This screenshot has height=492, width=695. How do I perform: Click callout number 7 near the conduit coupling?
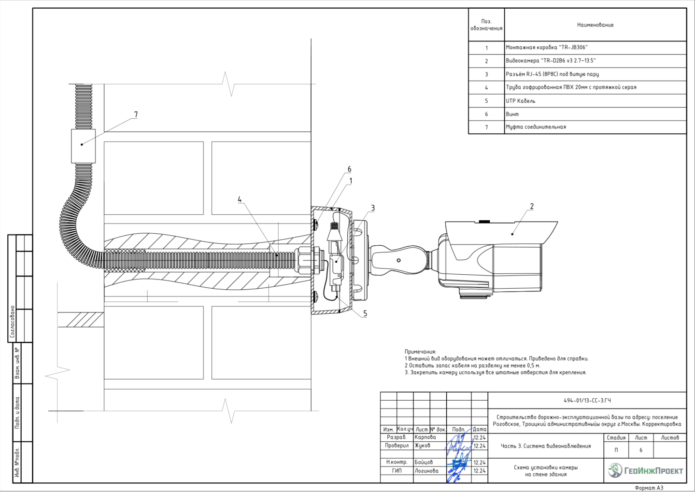(136, 115)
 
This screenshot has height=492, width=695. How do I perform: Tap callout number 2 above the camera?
(532, 207)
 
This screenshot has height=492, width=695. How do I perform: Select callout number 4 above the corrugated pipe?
(240, 199)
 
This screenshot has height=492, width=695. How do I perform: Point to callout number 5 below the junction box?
(365, 314)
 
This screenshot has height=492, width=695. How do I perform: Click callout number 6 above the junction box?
(349, 169)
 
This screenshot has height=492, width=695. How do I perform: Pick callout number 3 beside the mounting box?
(372, 208)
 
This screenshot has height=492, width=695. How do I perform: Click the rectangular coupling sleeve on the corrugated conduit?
(83, 146)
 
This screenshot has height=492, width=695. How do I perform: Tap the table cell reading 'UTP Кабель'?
(521, 101)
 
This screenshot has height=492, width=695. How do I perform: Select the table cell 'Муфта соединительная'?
(536, 127)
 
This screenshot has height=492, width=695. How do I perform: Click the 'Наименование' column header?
(595, 25)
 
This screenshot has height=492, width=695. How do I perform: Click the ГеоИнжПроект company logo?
(645, 470)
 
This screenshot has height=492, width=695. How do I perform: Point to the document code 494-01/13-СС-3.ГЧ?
(587, 401)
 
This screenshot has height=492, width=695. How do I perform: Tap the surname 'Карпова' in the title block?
(425, 437)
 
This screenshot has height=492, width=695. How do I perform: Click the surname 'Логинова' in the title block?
(426, 471)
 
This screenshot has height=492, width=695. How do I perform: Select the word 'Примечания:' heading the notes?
(420, 352)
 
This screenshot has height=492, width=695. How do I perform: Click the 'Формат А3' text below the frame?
(649, 488)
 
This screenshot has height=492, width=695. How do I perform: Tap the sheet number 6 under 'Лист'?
(641, 450)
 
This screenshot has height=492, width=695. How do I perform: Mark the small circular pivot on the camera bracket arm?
(398, 260)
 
